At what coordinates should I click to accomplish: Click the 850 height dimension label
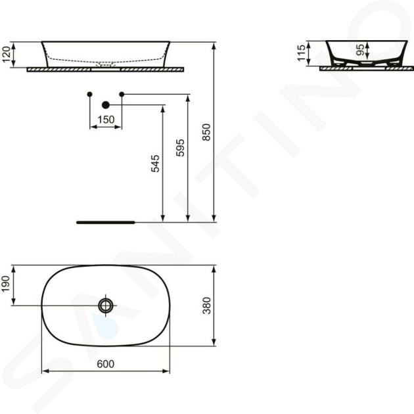[206, 132]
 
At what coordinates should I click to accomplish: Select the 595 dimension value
[180, 148]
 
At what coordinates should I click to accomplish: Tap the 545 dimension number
[155, 164]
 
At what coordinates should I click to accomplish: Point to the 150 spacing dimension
[106, 120]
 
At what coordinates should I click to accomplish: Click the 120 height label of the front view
[7, 55]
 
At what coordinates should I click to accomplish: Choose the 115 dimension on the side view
[301, 53]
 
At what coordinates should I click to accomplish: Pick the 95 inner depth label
[360, 50]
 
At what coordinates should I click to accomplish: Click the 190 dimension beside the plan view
[6, 284]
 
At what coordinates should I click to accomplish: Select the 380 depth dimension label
[207, 306]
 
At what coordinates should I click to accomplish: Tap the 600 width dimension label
[106, 364]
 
